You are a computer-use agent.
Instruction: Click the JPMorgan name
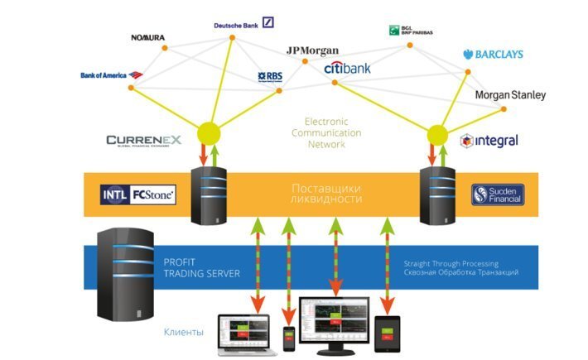312,50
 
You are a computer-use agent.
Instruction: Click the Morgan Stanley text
510,95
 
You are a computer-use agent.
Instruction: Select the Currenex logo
143,141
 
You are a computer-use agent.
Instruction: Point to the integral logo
489,141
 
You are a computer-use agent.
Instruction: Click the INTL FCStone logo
137,195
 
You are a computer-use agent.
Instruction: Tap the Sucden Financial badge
498,195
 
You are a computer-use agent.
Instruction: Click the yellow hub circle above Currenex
208,132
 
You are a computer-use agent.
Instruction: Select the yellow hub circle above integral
436,133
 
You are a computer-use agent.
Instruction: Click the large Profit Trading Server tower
125,277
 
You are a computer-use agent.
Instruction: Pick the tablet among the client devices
387,333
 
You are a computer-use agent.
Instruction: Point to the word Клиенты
183,332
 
